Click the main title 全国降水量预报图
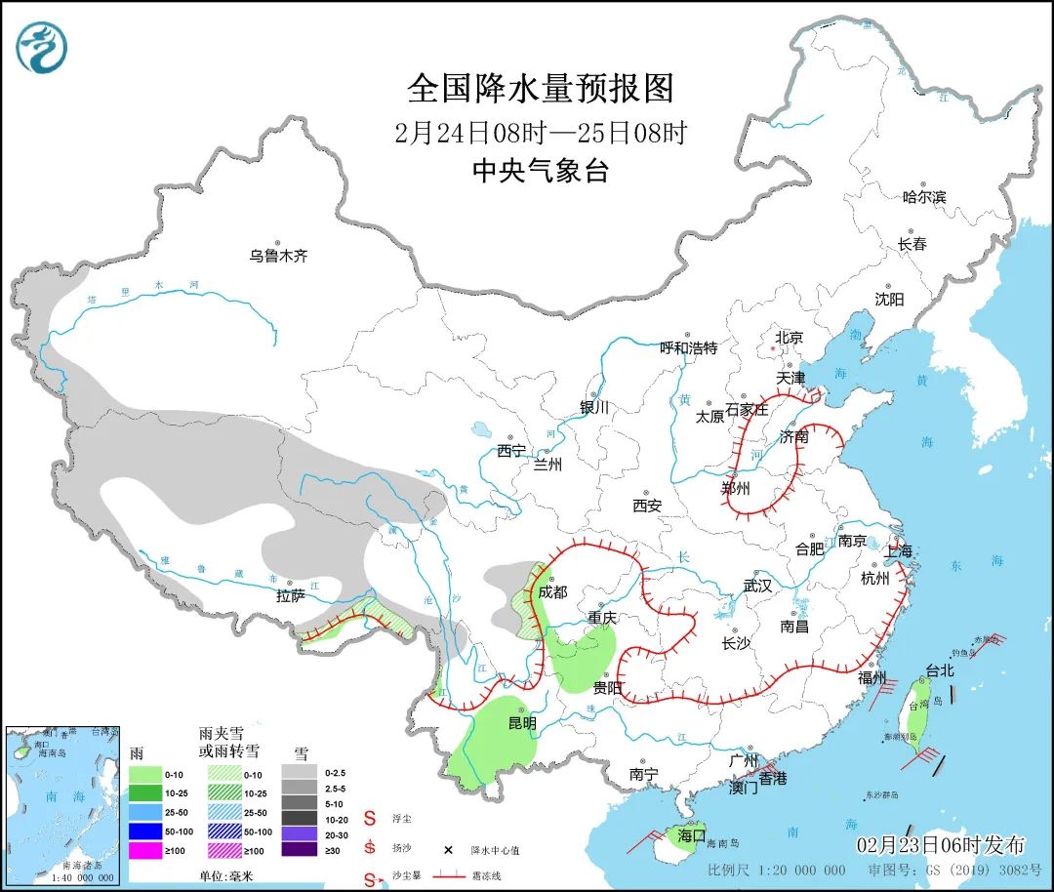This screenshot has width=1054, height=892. pyautogui.click(x=541, y=89)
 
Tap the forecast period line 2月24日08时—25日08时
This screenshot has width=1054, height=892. pyautogui.click(x=541, y=132)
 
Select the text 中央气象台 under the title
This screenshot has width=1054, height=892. pyautogui.click(x=541, y=172)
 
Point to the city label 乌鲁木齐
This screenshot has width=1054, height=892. pyautogui.click(x=278, y=256)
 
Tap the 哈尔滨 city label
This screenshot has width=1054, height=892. pyautogui.click(x=923, y=196)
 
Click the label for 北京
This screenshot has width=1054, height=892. pyautogui.click(x=789, y=338)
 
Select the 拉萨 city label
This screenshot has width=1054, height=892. pyautogui.click(x=291, y=595)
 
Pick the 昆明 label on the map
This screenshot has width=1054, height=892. pyautogui.click(x=521, y=723)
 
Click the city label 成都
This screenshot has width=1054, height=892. pyautogui.click(x=551, y=591)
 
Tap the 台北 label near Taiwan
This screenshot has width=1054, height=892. pyautogui.click(x=940, y=671)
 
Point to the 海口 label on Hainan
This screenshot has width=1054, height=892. pyautogui.click(x=691, y=835)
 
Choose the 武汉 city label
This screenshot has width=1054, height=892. pyautogui.click(x=757, y=586)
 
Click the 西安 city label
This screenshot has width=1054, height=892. pyautogui.click(x=646, y=506)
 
